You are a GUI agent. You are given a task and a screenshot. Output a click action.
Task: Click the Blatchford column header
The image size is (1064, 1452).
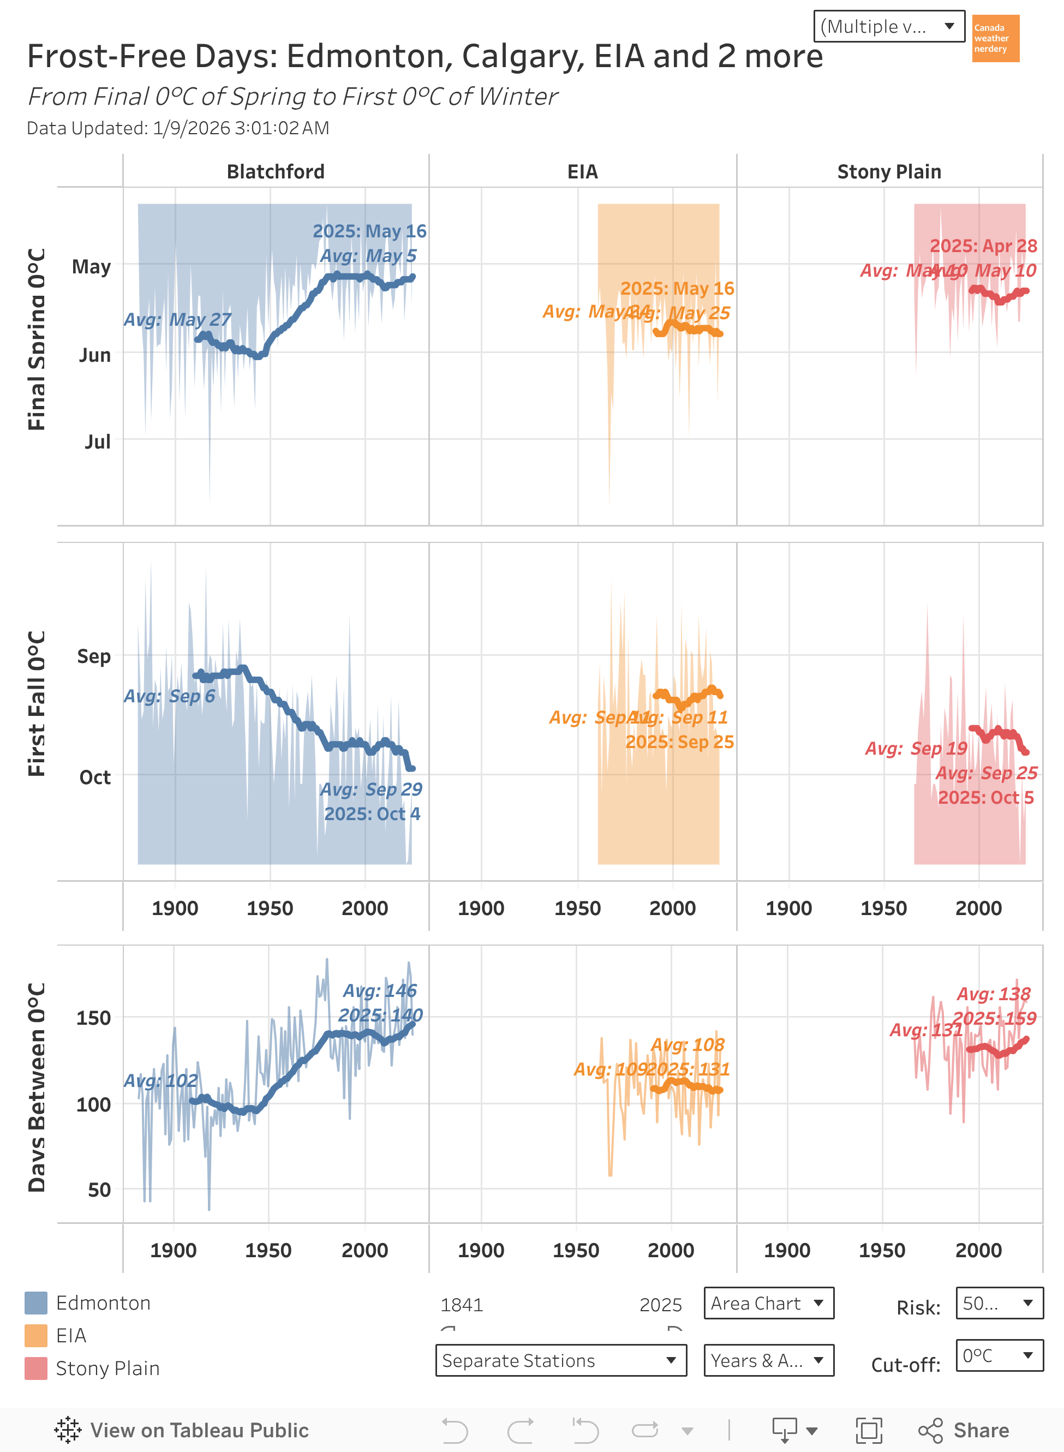point(276,172)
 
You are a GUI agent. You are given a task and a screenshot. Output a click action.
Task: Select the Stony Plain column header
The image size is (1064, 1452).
point(889,172)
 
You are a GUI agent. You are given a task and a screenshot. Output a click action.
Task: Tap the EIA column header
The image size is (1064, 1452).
point(582,172)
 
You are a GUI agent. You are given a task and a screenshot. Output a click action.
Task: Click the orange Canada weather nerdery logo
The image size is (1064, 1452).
point(995,39)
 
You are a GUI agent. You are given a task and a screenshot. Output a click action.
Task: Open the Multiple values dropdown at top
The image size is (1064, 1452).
point(888,26)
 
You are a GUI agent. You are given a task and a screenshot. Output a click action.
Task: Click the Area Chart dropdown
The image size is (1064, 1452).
point(768,1303)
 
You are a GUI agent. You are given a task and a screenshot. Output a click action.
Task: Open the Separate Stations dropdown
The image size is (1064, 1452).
point(560,1360)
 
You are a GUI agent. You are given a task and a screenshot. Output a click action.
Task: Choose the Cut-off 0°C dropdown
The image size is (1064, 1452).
point(999,1356)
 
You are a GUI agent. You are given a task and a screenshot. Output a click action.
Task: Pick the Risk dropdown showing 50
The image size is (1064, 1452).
point(999,1303)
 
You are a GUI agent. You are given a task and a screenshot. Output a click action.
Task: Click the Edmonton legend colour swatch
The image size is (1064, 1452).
point(36,1303)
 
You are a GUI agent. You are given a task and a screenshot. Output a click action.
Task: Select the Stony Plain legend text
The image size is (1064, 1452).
point(107,1369)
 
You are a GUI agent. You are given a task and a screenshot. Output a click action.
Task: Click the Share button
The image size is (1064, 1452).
point(964,1431)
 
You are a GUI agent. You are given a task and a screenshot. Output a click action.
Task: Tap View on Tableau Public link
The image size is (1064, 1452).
point(182,1431)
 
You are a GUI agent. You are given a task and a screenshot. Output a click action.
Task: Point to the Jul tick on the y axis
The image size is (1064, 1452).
point(97,442)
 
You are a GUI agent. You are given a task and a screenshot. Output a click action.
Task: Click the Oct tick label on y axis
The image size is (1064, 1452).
point(95,778)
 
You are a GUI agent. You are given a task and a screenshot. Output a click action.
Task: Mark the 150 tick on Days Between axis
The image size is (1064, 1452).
point(93,1018)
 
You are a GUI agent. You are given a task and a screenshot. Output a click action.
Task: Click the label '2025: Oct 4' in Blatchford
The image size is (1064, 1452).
point(372,814)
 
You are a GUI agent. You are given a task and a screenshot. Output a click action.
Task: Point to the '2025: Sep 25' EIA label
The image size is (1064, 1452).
point(679,742)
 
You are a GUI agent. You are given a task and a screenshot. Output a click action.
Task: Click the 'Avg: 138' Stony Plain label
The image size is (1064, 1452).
point(993,994)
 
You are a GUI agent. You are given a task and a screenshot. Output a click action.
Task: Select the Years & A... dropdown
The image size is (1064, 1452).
point(768,1360)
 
